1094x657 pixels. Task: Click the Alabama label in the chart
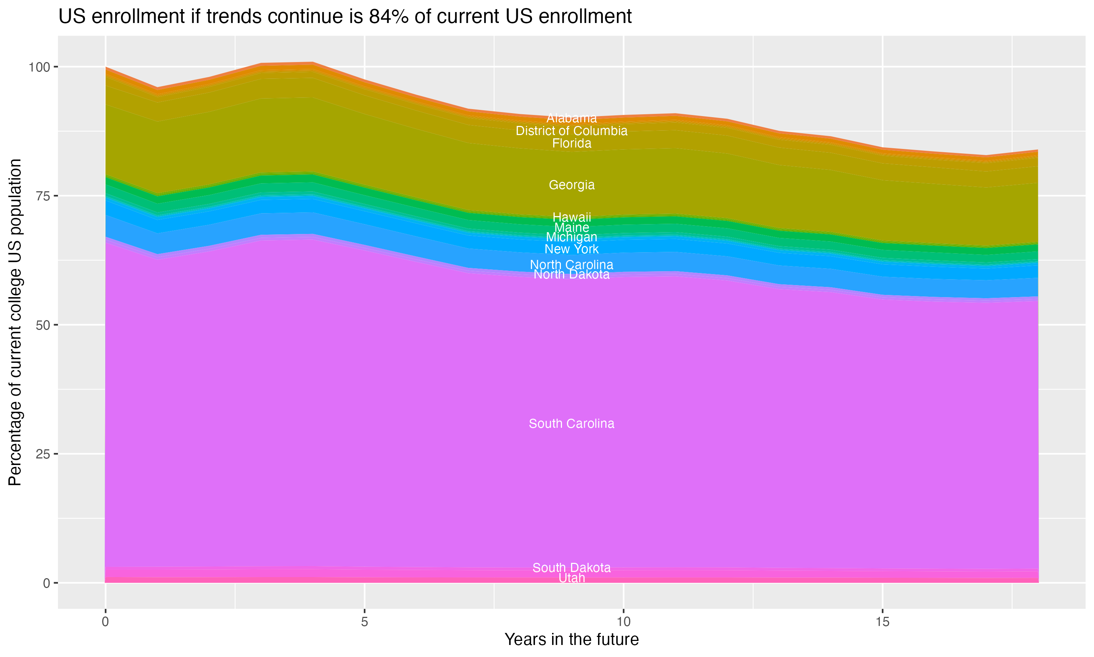click(x=571, y=118)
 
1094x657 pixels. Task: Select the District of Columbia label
click(x=571, y=131)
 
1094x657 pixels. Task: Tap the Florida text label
click(x=571, y=143)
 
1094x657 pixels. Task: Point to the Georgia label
click(x=571, y=185)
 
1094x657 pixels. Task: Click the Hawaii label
click(x=571, y=218)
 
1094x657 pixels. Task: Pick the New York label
click(x=571, y=249)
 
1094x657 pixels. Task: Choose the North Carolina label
click(x=571, y=265)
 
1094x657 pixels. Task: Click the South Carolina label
click(x=571, y=424)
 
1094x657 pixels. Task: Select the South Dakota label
click(x=571, y=568)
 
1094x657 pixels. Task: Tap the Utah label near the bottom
click(x=571, y=578)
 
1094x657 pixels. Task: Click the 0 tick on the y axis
click(x=46, y=583)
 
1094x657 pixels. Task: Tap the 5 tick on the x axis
click(x=364, y=622)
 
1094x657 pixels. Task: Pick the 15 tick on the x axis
click(x=882, y=622)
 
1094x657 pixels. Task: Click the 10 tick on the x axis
click(x=623, y=622)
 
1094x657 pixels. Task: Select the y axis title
click(x=15, y=322)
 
